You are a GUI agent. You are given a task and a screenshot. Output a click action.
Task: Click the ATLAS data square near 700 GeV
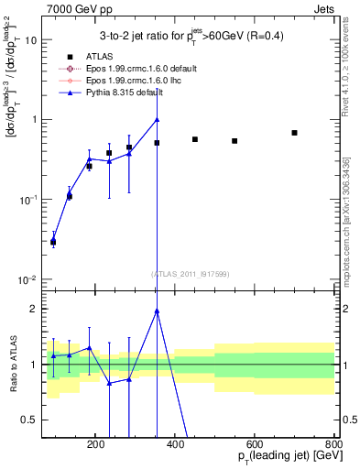[294, 133]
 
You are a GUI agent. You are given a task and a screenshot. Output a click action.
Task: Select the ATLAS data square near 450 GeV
[195, 139]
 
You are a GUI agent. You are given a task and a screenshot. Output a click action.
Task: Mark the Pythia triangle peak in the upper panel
[157, 119]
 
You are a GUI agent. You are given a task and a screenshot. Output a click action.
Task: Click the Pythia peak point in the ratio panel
[157, 311]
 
